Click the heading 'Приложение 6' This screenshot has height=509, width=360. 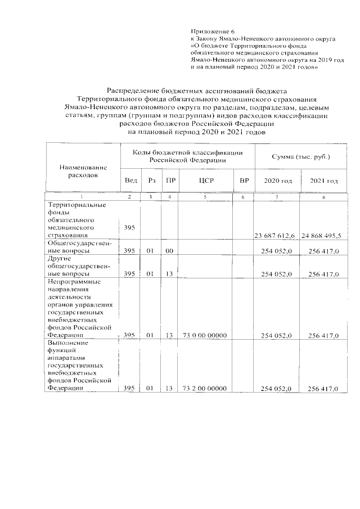coord(211,31)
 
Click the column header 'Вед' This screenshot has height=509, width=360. coord(130,181)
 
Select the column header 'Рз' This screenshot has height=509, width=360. coord(151,181)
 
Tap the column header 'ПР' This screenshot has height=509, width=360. coord(169,181)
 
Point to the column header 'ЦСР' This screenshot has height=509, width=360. coord(204,181)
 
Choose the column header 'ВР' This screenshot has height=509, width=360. coord(244,181)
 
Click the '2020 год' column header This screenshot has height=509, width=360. coord(277,181)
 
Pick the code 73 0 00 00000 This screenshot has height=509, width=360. coord(205,336)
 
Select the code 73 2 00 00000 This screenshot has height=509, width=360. coord(205,389)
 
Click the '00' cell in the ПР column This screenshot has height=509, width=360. coord(169,251)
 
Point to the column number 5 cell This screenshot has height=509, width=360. coord(205,197)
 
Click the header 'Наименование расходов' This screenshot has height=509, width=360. coord(83,171)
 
